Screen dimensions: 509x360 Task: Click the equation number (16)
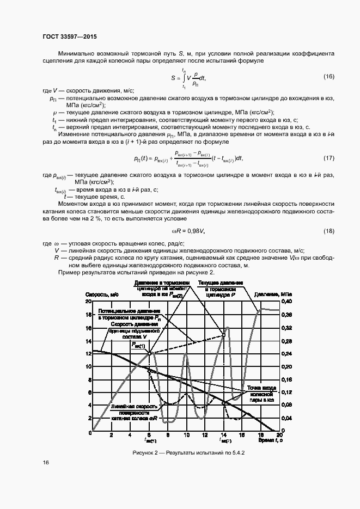point(328,76)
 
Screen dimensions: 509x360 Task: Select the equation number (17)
point(328,158)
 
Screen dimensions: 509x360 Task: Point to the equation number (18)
point(328,231)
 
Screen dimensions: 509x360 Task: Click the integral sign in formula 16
point(182,79)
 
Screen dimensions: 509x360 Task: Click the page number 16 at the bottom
point(46,462)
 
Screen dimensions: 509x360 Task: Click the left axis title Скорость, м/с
point(102,294)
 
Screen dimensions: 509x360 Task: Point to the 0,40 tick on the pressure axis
point(286,302)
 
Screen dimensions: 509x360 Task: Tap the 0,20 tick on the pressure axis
point(286,366)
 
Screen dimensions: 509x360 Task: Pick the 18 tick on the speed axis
point(89,315)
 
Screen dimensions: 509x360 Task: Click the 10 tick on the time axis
point(186,436)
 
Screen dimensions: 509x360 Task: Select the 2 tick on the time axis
point(111,436)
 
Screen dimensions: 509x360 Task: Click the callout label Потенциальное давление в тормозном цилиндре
point(129,314)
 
